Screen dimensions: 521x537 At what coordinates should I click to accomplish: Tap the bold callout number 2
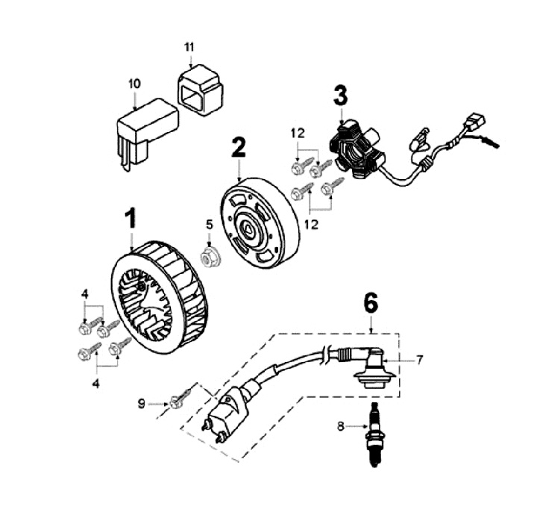pyautogui.click(x=238, y=147)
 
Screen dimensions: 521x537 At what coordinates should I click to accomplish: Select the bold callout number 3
pyautogui.click(x=340, y=95)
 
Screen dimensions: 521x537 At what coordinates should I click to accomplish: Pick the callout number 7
pyautogui.click(x=419, y=361)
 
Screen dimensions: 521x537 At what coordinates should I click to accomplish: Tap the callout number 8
pyautogui.click(x=340, y=427)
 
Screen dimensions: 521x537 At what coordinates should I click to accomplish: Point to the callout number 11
pyautogui.click(x=189, y=48)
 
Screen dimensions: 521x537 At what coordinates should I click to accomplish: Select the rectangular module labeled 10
pyautogui.click(x=145, y=128)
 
